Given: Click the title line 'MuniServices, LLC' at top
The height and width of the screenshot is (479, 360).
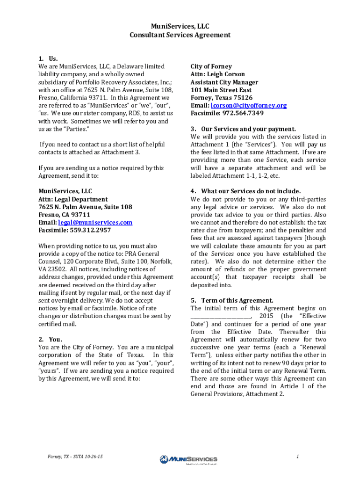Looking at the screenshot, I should (x=180, y=27).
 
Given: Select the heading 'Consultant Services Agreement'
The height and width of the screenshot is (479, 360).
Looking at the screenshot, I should (x=180, y=35).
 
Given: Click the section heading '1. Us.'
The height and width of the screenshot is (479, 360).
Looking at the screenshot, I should (x=48, y=58).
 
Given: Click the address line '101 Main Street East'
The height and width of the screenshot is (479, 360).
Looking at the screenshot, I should (x=221, y=90).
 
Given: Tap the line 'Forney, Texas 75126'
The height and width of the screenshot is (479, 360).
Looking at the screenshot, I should (x=222, y=98).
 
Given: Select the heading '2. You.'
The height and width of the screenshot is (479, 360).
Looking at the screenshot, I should (x=50, y=339).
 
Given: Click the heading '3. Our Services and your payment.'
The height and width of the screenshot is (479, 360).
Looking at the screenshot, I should (x=243, y=129).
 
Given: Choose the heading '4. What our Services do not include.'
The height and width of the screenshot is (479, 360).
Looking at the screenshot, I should (x=245, y=191).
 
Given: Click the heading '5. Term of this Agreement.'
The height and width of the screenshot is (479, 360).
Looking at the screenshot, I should (x=232, y=300).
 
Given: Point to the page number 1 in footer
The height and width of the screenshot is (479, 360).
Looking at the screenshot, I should (x=297, y=456).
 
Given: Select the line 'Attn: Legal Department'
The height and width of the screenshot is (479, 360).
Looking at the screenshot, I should (x=73, y=199).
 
